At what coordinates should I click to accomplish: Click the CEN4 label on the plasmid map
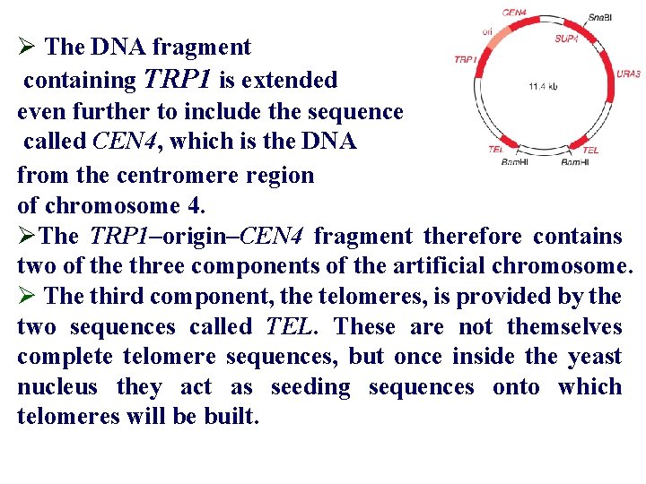point(514,13)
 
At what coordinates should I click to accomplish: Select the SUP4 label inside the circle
point(566,39)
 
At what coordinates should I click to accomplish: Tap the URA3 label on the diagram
point(628,73)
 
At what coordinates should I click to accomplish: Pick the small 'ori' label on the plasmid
point(487,31)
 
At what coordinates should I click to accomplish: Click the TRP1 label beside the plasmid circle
point(465,59)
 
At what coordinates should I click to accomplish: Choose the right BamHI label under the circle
point(574,163)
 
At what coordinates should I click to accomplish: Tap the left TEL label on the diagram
point(496,150)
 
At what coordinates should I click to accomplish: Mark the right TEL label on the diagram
point(590,150)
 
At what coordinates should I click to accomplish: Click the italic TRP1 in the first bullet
point(176,80)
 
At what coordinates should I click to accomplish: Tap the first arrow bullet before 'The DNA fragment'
point(27,47)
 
